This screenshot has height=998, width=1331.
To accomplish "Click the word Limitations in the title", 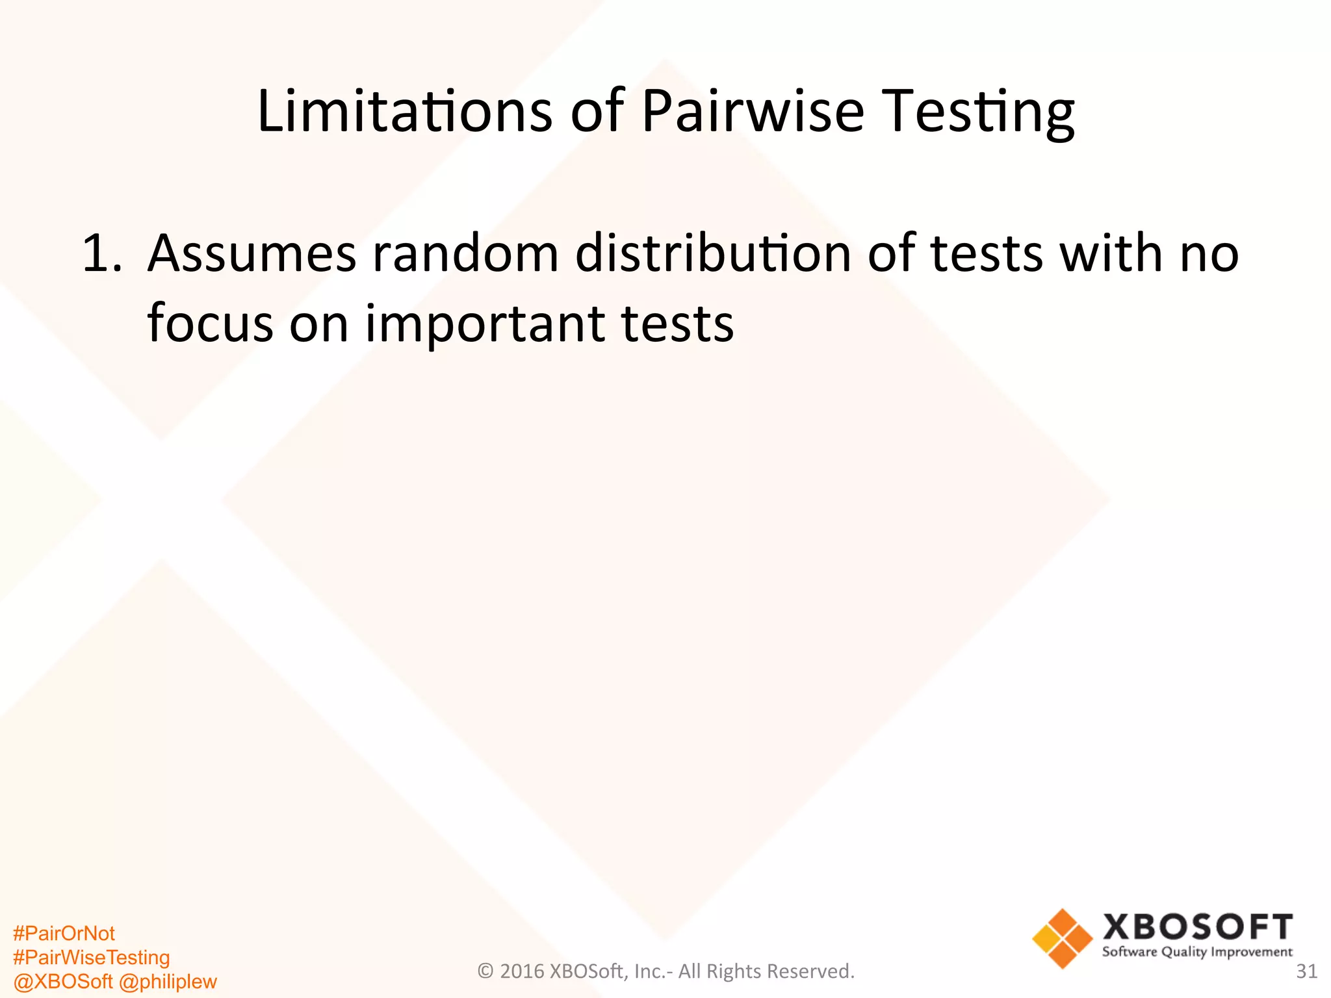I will (x=404, y=112).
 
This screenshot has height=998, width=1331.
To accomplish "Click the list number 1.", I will (x=101, y=253).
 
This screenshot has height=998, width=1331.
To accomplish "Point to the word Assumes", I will (x=252, y=253).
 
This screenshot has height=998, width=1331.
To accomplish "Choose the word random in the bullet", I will (x=465, y=253).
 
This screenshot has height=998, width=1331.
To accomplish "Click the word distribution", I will (x=713, y=253).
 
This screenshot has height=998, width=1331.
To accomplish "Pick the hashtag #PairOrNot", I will (x=64, y=934).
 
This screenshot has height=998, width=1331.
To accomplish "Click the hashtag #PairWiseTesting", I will (x=91, y=958).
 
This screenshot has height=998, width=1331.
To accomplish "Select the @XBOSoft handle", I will (x=63, y=981).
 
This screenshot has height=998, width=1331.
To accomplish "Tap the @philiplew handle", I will (x=168, y=981).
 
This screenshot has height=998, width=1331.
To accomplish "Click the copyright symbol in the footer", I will (x=485, y=971).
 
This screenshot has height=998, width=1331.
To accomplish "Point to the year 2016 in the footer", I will (x=522, y=971).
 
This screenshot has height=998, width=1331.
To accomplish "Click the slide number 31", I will (x=1306, y=971).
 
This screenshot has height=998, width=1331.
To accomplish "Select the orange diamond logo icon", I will (x=1062, y=938).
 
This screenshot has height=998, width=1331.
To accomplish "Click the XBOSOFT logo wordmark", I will (x=1197, y=927).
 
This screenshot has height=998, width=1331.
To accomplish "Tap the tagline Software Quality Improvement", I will (x=1197, y=953).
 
